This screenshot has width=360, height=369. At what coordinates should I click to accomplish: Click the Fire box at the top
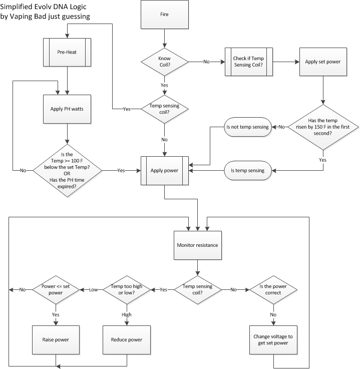(x=164, y=15)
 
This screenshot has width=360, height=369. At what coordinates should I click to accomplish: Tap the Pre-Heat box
(x=67, y=51)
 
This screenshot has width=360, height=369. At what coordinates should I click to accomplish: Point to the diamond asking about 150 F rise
(x=323, y=127)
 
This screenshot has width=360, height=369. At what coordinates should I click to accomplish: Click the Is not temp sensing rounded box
(x=248, y=127)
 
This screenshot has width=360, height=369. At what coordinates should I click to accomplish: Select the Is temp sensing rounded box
(x=248, y=170)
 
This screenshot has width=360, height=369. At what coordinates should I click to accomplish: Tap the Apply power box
(x=164, y=170)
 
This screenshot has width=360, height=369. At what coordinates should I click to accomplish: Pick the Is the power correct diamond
(x=274, y=289)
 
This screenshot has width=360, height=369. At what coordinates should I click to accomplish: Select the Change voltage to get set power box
(x=274, y=340)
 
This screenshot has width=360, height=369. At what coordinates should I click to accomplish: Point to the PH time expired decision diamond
(x=67, y=170)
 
